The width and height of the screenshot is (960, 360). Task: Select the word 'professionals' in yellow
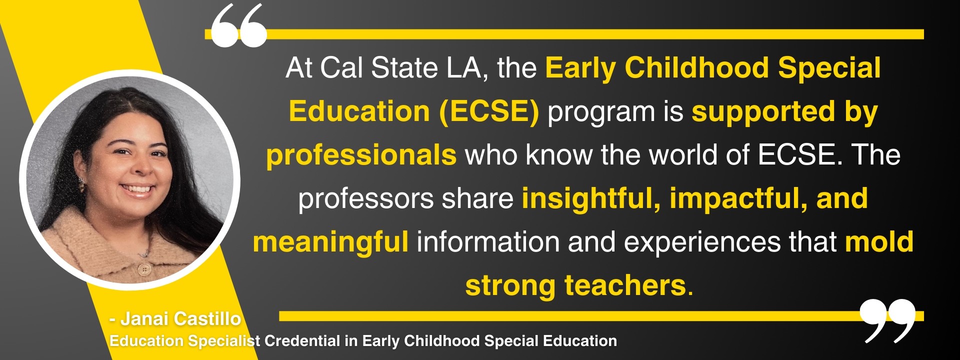(361, 155)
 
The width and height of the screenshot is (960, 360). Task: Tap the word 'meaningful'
(330, 242)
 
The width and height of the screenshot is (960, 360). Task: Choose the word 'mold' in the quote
(879, 242)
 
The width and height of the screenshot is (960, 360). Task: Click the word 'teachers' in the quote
(625, 285)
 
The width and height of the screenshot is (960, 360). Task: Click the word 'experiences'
(702, 242)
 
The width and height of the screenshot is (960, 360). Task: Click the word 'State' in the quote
(404, 68)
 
